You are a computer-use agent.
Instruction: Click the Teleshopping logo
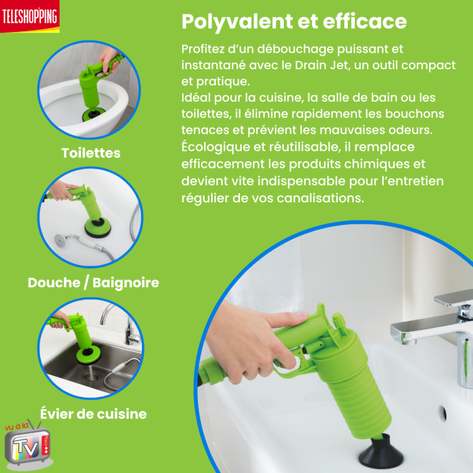(30, 17)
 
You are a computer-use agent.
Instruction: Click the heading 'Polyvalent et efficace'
(294, 22)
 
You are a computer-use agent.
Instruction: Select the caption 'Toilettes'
(91, 153)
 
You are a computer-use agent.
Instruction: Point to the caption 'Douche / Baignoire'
(93, 283)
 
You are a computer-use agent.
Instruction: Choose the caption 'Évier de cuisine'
(93, 413)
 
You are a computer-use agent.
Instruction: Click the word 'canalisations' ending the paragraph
(320, 198)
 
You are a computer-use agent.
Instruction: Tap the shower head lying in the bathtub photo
(63, 239)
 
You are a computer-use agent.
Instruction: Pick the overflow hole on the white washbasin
(443, 413)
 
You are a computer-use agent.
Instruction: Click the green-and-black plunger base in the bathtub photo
(98, 227)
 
